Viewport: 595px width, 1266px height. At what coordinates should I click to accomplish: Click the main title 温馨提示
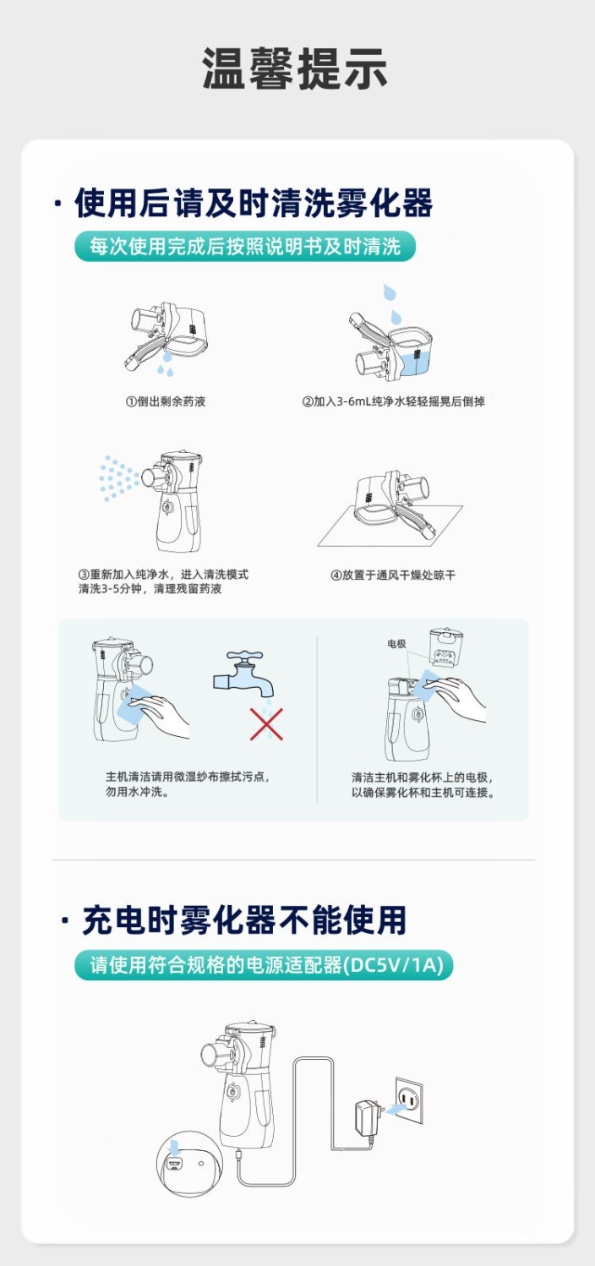[294, 68]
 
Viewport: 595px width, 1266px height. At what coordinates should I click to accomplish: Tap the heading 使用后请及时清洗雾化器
[254, 203]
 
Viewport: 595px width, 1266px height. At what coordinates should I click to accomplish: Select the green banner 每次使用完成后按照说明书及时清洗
[244, 247]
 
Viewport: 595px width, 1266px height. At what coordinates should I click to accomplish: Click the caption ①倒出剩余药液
[165, 401]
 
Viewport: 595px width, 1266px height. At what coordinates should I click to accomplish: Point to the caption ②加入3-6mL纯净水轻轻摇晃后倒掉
[393, 401]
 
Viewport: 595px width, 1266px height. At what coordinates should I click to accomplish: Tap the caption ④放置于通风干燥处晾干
[393, 575]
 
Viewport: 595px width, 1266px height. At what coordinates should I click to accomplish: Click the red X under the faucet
[267, 724]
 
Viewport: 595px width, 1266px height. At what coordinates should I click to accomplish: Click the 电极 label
[396, 643]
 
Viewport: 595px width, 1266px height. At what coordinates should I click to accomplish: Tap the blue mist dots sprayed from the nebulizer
[118, 478]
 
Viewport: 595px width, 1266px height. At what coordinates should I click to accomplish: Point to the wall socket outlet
[408, 1100]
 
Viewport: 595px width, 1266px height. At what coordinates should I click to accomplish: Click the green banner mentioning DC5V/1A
[264, 964]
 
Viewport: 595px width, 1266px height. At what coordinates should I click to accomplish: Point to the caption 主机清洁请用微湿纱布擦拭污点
[188, 777]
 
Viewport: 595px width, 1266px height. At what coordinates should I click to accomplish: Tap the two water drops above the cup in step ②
[392, 303]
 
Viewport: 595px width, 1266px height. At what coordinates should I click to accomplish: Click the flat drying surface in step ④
[390, 527]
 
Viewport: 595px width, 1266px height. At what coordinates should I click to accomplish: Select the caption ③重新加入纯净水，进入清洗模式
[163, 574]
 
